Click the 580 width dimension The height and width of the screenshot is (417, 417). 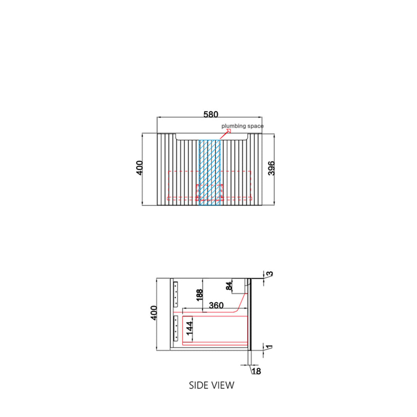point(211,114)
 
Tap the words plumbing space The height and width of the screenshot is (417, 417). point(242,126)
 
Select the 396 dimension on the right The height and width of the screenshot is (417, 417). point(271,168)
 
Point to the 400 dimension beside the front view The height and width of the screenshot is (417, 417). point(139,168)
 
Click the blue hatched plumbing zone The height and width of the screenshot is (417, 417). point(210,172)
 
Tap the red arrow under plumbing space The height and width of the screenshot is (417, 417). point(225,134)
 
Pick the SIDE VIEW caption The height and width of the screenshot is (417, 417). point(212,385)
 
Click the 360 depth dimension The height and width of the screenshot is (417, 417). point(216,305)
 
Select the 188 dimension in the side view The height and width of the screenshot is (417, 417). point(199,295)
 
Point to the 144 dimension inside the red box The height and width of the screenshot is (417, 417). point(189,328)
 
